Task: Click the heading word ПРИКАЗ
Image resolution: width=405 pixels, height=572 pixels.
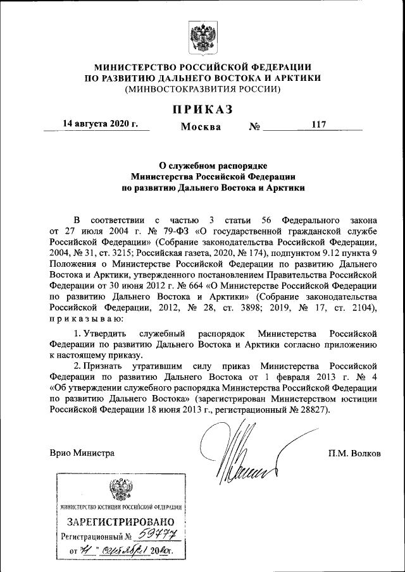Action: tap(202, 109)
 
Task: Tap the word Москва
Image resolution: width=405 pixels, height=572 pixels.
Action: tap(201, 126)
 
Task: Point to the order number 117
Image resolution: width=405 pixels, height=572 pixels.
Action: tap(318, 125)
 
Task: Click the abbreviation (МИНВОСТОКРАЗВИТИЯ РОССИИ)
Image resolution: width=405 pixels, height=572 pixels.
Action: tap(202, 89)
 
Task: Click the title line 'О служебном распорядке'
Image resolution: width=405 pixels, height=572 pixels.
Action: tap(202, 165)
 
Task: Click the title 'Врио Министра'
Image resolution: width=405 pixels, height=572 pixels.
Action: tap(82, 453)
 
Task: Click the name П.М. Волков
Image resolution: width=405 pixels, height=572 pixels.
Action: tap(354, 453)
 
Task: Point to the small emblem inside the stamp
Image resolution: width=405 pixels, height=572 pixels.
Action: tap(120, 490)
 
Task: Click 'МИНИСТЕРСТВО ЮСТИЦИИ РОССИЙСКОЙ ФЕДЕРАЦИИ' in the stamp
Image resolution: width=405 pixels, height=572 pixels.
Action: tap(120, 507)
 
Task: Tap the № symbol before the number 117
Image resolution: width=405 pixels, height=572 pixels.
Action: tap(255, 126)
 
